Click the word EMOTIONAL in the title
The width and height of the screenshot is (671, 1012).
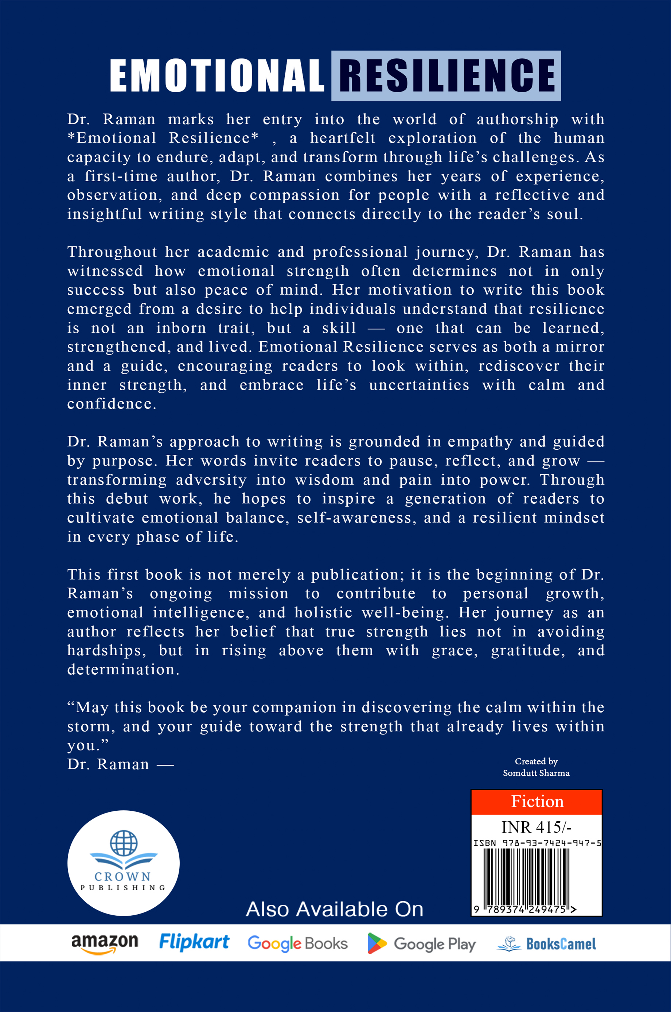(x=216, y=76)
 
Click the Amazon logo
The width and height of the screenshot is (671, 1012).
(x=105, y=943)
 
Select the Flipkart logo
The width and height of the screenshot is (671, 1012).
(x=194, y=942)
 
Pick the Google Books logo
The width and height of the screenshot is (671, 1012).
(x=298, y=943)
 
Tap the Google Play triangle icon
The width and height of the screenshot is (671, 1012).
(x=377, y=943)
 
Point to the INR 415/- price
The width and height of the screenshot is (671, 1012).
(x=536, y=827)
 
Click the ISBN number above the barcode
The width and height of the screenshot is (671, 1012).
(x=537, y=843)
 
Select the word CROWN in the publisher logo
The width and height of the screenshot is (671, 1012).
(x=123, y=877)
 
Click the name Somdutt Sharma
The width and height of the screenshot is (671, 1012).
(x=536, y=773)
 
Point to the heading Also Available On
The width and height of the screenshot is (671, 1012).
(x=335, y=909)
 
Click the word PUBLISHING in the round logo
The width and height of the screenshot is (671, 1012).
(x=123, y=888)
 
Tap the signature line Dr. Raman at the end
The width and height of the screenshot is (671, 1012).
(x=108, y=764)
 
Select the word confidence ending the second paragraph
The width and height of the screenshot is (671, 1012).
(x=112, y=404)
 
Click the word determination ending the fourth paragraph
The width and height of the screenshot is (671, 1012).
(x=123, y=670)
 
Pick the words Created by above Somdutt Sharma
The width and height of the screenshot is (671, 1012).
(x=536, y=761)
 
